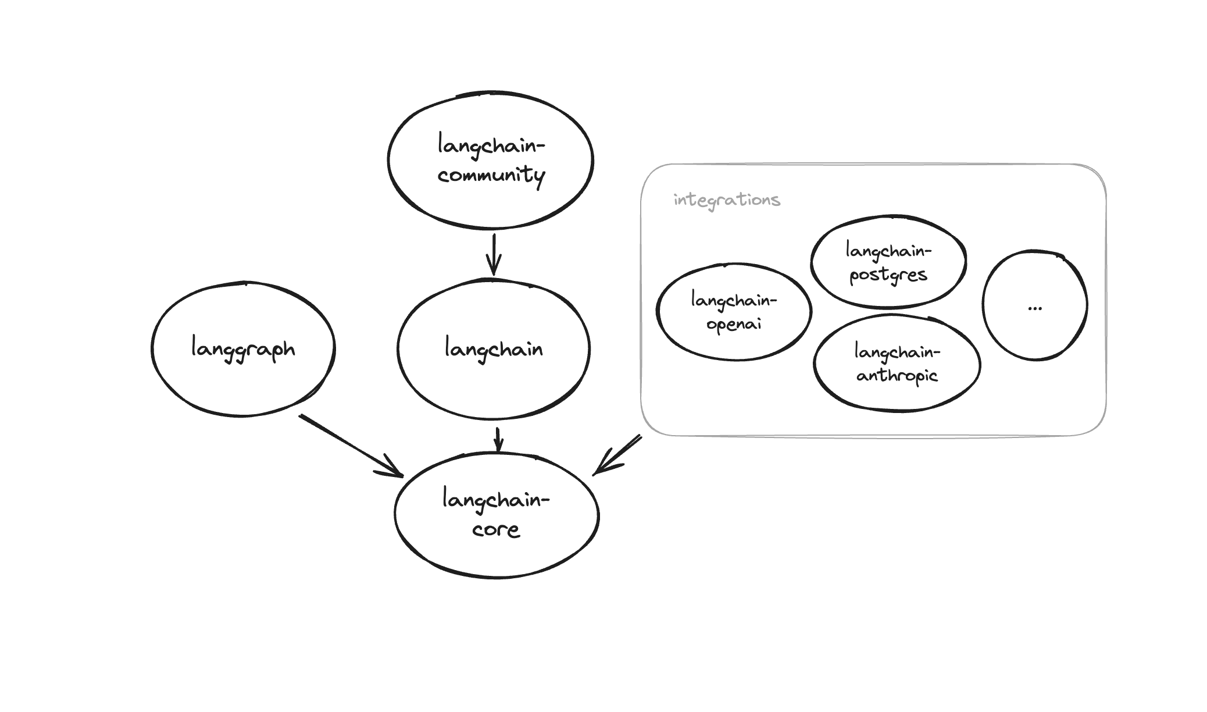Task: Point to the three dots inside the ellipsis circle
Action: [1034, 308]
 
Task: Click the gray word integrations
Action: [727, 200]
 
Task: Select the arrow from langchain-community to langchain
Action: [494, 254]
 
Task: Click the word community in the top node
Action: [491, 175]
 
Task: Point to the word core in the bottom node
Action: [496, 529]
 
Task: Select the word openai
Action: [734, 324]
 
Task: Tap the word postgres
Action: [888, 275]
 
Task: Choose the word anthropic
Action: [897, 376]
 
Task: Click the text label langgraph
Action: [243, 349]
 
